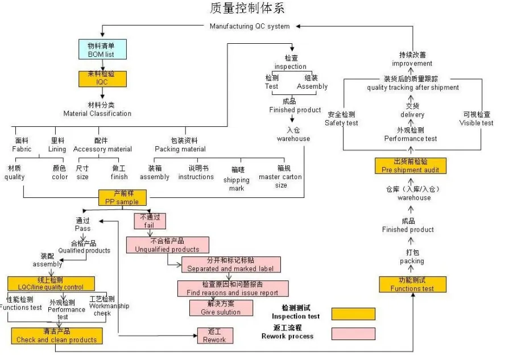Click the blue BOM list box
[x=101, y=49]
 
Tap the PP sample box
[x=122, y=197]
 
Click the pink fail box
[x=150, y=221]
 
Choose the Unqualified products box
[x=167, y=245]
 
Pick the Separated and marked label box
[x=230, y=264]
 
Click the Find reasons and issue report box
[x=233, y=288]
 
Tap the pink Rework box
[x=214, y=336]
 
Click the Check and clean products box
[x=56, y=336]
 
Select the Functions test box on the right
[x=412, y=284]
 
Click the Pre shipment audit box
[x=410, y=165]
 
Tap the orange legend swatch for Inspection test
[x=353, y=314]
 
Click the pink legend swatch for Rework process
[x=353, y=333]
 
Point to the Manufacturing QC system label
[x=249, y=26]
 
